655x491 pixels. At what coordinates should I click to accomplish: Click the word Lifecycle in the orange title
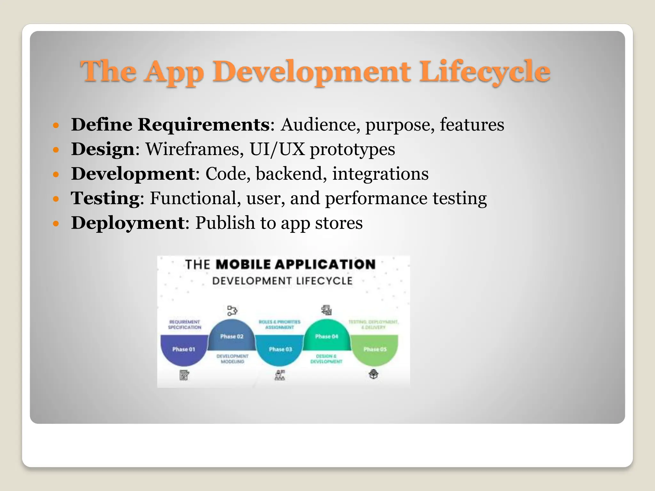(485, 72)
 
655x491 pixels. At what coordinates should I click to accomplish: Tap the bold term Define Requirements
(170, 125)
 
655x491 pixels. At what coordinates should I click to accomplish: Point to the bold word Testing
(105, 199)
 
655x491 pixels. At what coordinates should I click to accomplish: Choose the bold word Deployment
(128, 223)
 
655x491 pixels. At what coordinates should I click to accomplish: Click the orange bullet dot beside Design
(56, 150)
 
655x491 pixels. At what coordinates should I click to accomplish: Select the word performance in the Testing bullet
(376, 199)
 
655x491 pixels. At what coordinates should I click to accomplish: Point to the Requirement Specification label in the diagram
(185, 324)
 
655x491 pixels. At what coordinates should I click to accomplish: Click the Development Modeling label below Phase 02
(232, 359)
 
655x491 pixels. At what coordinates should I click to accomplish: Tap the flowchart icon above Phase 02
(232, 310)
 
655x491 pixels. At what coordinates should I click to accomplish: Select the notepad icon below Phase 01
(184, 375)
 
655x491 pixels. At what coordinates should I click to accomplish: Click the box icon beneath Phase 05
(374, 374)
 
